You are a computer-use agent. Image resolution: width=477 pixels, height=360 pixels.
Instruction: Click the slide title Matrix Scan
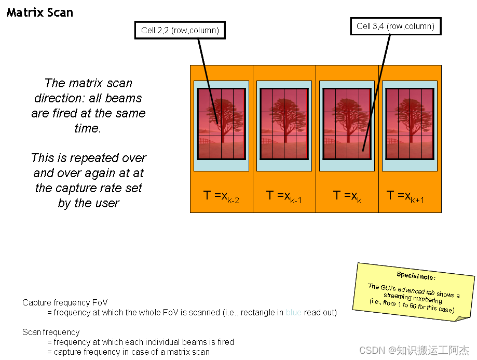[x=39, y=12]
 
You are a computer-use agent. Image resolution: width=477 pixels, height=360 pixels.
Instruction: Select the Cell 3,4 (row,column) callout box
[x=396, y=26]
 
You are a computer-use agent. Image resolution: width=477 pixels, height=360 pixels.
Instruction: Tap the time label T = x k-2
[x=221, y=196]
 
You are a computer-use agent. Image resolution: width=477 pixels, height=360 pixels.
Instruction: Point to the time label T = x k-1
[x=284, y=196]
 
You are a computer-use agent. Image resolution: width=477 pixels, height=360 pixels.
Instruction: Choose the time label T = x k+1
[x=405, y=196]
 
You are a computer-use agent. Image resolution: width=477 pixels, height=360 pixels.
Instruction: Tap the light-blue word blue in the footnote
[x=293, y=313]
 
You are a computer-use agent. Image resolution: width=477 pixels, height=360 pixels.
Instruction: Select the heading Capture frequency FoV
[x=65, y=302]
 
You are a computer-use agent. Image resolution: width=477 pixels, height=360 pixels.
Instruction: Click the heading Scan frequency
[x=51, y=332]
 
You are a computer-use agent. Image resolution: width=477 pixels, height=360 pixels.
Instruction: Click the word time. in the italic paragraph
[x=88, y=128]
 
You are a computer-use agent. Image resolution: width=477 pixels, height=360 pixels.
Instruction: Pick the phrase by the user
[x=89, y=203]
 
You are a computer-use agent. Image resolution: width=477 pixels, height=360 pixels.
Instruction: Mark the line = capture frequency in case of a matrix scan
[x=128, y=352]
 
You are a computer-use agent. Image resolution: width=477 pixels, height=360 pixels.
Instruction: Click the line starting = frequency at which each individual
[x=140, y=342]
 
